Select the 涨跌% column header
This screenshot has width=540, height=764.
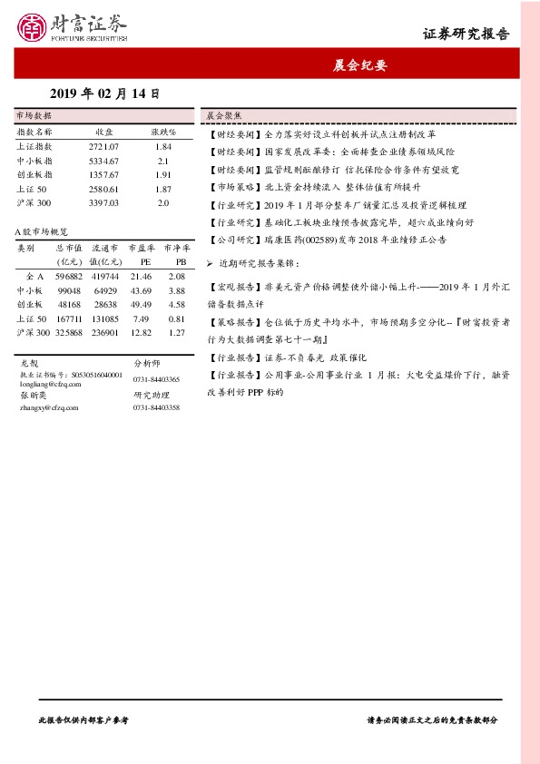click(x=162, y=132)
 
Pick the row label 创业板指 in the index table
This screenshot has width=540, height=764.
click(x=34, y=174)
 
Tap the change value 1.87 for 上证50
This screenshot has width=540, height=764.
click(x=163, y=189)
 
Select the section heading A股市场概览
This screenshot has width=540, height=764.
click(x=42, y=233)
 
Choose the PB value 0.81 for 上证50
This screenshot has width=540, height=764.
click(x=177, y=318)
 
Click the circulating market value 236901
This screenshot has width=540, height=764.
click(x=104, y=333)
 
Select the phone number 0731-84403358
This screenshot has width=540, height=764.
click(x=156, y=408)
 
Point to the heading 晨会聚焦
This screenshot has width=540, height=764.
click(x=222, y=116)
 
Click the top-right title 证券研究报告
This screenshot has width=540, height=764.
click(x=466, y=34)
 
